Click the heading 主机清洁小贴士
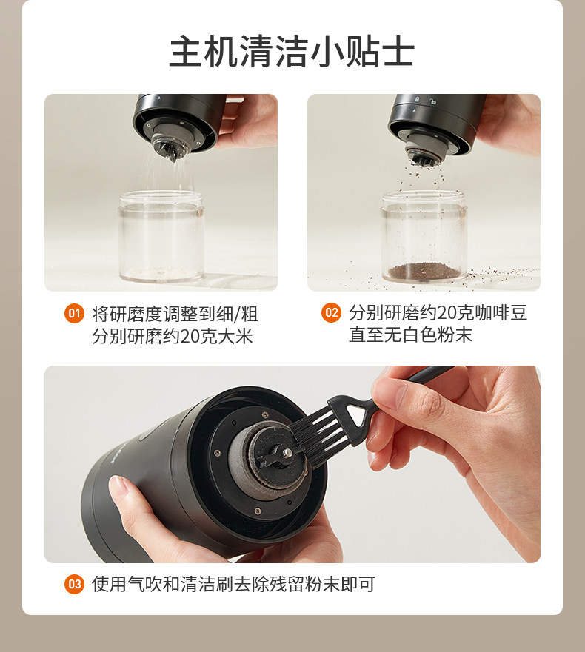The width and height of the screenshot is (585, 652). pos(292,52)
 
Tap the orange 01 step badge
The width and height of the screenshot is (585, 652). pos(75,313)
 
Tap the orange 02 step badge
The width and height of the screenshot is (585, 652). pos(331,313)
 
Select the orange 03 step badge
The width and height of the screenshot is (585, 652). pos(75,584)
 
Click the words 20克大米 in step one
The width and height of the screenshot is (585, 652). pos(217,336)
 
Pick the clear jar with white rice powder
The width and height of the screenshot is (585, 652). pos(161,236)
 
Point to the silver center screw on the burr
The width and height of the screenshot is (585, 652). pos(287,452)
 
